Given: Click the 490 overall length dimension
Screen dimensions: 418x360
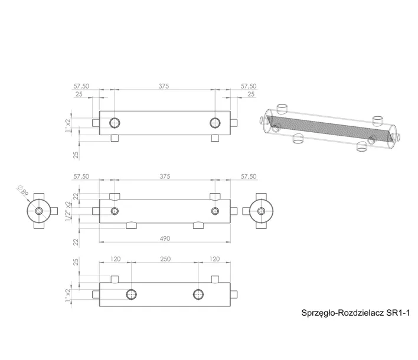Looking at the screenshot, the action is (x=165, y=238).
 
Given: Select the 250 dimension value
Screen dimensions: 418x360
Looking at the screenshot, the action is (x=165, y=259).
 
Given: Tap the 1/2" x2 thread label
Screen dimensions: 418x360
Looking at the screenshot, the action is (x=68, y=212).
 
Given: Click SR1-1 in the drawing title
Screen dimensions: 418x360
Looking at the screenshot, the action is (x=398, y=313).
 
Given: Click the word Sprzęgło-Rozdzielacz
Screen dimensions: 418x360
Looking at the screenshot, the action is (x=343, y=313).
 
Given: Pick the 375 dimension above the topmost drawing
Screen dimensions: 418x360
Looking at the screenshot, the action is (x=164, y=86).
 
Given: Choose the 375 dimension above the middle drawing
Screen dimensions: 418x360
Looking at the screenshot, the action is (x=165, y=176).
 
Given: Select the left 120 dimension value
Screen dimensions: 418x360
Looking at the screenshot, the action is (x=116, y=259).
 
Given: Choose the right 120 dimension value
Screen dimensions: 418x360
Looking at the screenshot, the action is (x=214, y=259).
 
